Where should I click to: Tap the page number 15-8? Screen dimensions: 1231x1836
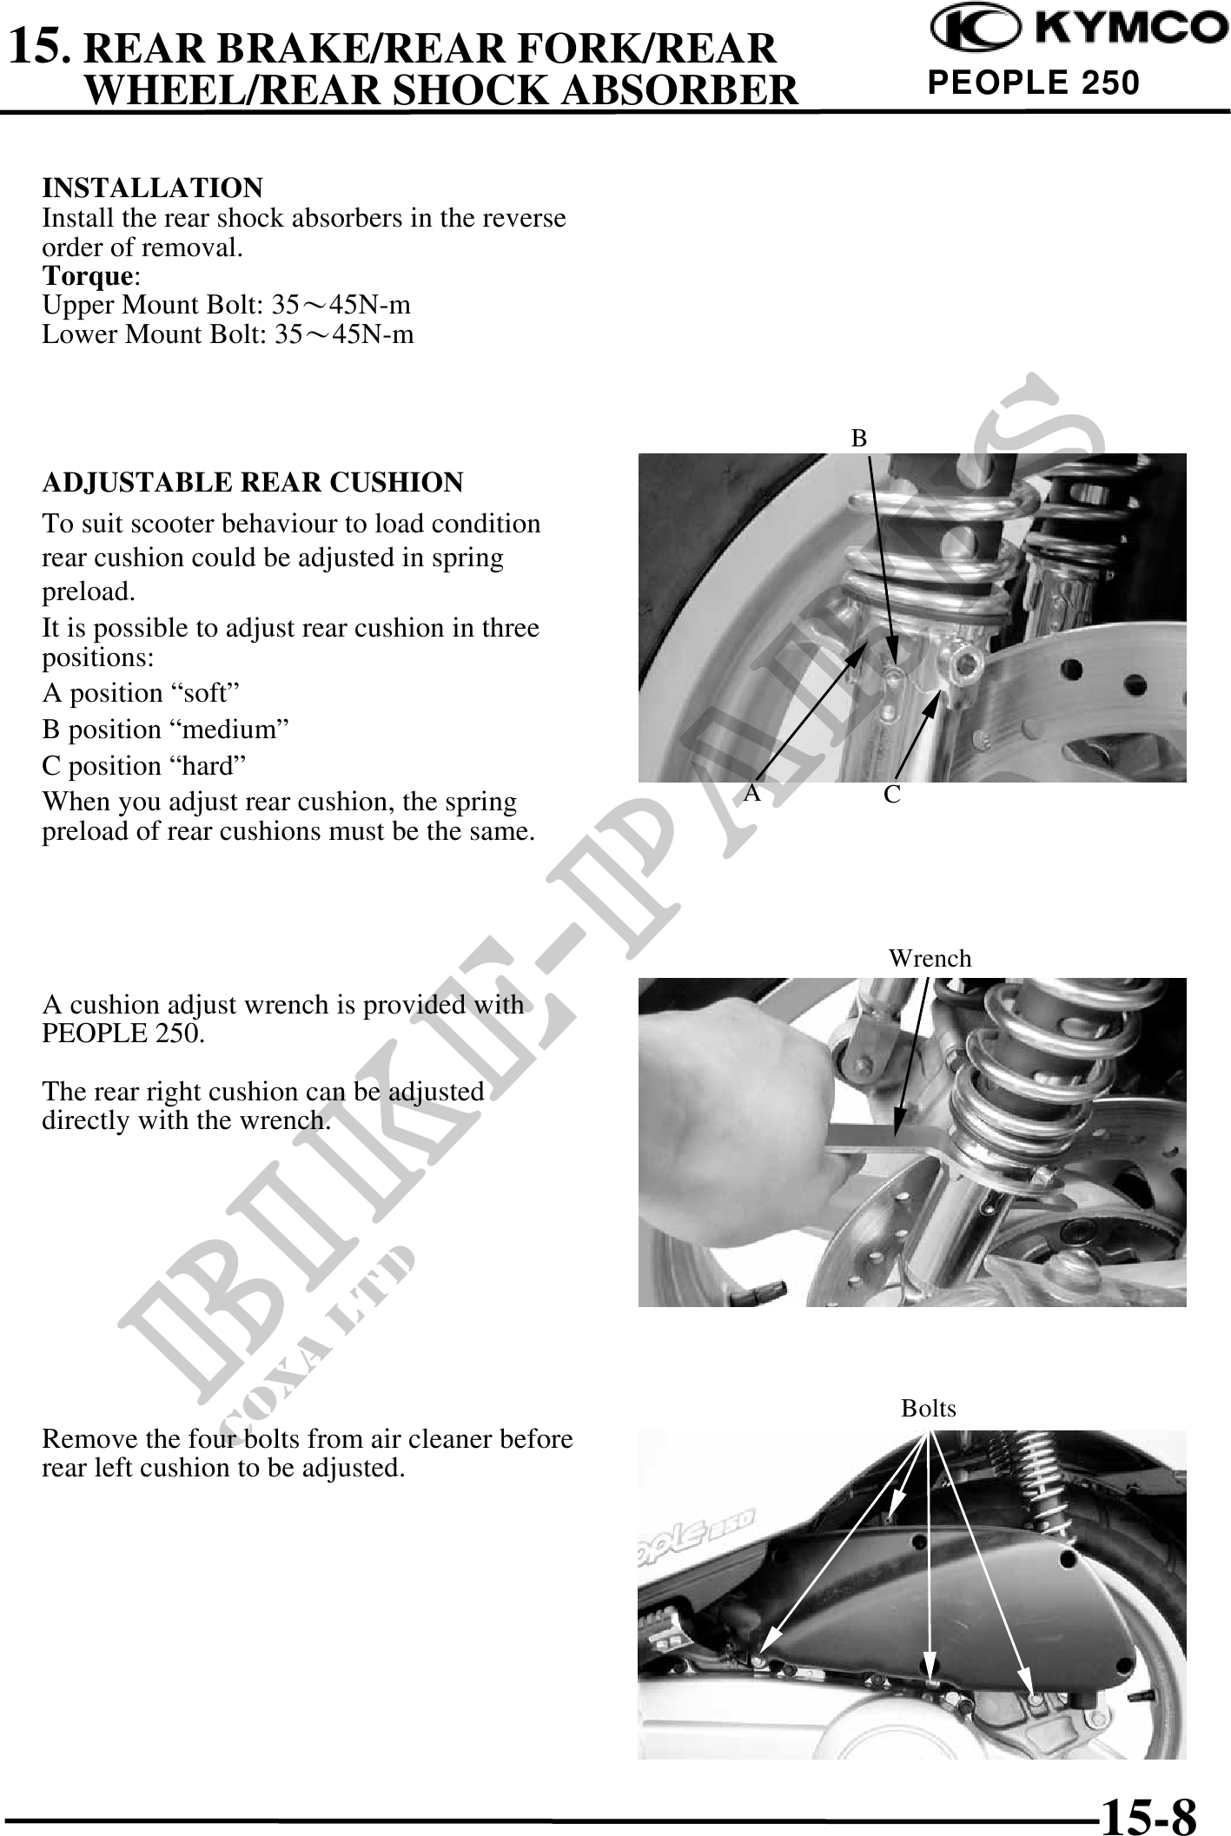1148,1812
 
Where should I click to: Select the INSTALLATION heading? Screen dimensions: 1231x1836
153,188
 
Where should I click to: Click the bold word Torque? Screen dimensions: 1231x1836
87,276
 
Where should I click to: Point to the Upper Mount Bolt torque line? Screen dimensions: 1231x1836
227,306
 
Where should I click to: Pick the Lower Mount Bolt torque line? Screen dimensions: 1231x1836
228,334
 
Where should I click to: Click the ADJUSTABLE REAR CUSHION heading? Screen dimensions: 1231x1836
253,482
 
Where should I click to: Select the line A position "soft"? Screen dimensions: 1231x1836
142,693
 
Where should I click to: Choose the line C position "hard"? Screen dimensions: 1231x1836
144,766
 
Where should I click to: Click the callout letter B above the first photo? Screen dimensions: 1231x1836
859,439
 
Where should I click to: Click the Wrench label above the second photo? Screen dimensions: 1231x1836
930,958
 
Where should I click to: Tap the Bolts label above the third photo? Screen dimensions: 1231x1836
929,1408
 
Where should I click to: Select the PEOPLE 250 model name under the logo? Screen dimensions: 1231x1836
1034,83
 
